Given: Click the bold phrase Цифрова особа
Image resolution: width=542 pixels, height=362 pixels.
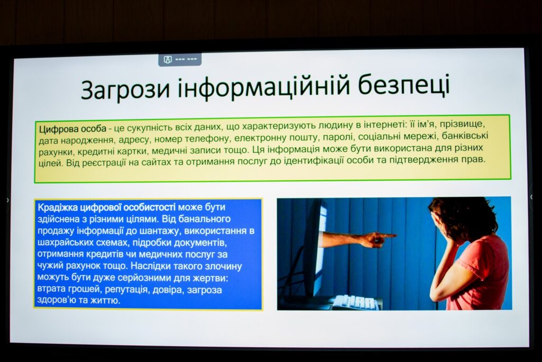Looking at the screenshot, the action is pyautogui.click(x=73, y=129).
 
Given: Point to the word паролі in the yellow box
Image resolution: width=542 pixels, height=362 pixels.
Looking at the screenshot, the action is pyautogui.click(x=338, y=137).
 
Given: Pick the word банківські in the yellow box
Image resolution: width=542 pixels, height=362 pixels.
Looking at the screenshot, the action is pyautogui.click(x=465, y=135).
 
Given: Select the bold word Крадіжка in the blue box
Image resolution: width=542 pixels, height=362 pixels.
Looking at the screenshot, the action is pyautogui.click(x=58, y=207).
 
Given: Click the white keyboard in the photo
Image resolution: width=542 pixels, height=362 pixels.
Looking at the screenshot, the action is pyautogui.click(x=354, y=302).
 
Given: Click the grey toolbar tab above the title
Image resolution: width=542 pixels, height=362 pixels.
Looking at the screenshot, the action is pyautogui.click(x=180, y=59).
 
